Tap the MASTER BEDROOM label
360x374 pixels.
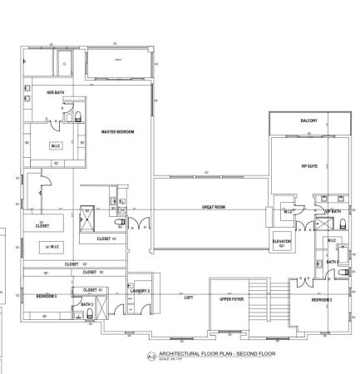117,132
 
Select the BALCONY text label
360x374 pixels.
308,121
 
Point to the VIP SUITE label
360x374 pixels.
309,166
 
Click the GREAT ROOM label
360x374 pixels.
214,206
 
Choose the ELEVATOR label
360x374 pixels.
282,242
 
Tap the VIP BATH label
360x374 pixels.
333,212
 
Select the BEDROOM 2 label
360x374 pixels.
322,299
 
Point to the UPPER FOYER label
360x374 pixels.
231,299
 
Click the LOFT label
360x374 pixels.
189,297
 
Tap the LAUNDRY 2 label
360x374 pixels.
140,291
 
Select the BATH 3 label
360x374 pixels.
86,304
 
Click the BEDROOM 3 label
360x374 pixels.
46,296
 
